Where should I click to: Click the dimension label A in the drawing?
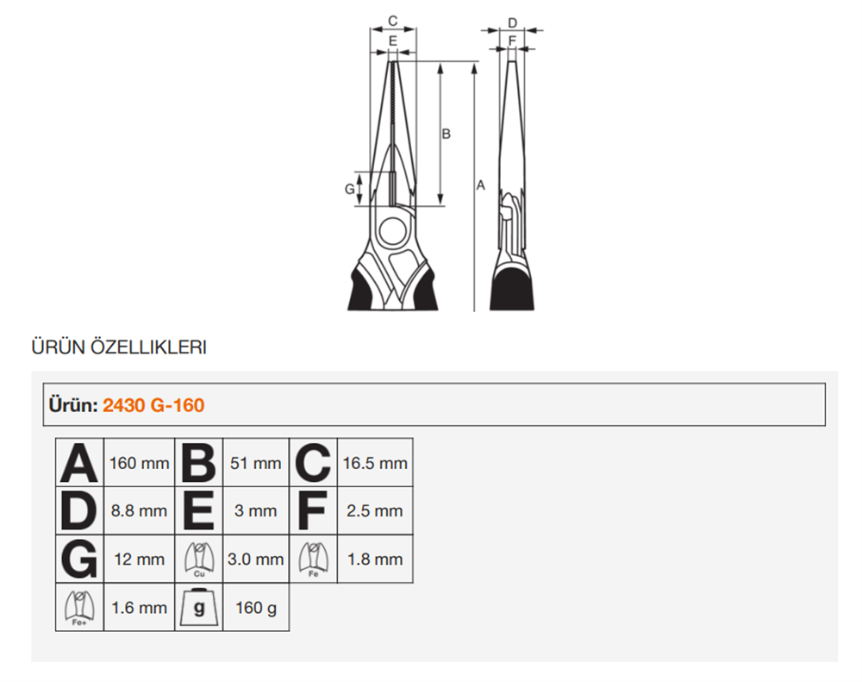click(x=480, y=185)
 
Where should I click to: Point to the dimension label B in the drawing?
click(x=447, y=134)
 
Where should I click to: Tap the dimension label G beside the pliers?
click(x=350, y=189)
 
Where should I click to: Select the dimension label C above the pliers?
click(x=392, y=21)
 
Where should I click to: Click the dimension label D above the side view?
click(x=512, y=23)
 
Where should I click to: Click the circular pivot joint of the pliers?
click(x=392, y=231)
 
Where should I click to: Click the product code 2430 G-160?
click(x=153, y=405)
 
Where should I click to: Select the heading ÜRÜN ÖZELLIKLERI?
click(x=119, y=347)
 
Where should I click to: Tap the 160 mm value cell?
click(x=139, y=463)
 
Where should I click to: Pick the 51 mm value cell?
click(x=256, y=463)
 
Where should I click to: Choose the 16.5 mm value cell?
click(x=375, y=463)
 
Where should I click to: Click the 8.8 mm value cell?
click(x=139, y=511)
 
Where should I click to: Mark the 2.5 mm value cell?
click(x=375, y=511)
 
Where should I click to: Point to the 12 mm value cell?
click(x=139, y=560)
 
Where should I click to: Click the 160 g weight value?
click(x=256, y=608)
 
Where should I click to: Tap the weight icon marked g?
click(x=199, y=608)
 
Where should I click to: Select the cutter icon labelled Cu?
click(x=199, y=560)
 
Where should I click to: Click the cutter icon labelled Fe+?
click(x=79, y=608)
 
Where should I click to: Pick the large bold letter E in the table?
click(x=198, y=511)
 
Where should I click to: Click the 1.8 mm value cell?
click(x=375, y=560)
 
